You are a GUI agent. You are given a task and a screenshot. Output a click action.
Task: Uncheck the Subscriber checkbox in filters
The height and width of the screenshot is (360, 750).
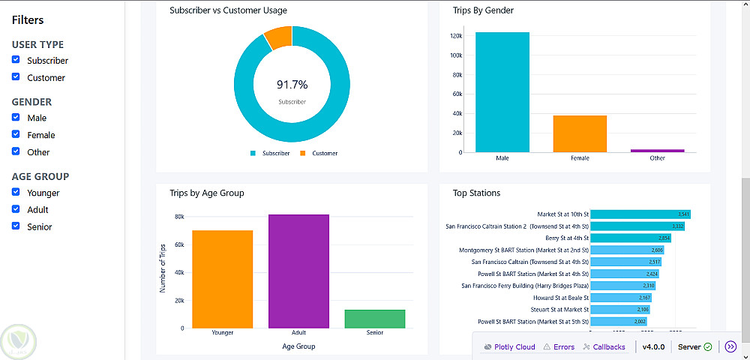coord(16,60)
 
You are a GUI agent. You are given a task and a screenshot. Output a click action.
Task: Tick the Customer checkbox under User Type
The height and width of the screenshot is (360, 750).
coord(16,77)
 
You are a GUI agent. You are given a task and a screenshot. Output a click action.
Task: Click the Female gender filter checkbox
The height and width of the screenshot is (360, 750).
coord(16,135)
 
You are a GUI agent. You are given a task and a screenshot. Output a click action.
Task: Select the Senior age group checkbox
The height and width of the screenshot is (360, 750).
coord(16,226)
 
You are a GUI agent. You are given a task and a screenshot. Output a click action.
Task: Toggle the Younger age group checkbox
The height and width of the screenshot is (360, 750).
coord(16,193)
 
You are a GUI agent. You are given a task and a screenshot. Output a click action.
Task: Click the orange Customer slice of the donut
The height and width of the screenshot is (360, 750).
coord(278,37)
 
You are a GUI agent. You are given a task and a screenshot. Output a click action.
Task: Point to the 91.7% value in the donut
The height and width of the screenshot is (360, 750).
coord(292,85)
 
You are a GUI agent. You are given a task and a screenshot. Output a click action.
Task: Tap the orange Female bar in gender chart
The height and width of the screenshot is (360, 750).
coord(580,133)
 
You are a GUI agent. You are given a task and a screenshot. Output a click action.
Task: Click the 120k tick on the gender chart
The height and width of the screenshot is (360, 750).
coord(455,36)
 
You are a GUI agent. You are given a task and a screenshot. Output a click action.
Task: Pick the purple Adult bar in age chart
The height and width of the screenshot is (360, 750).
coord(298,271)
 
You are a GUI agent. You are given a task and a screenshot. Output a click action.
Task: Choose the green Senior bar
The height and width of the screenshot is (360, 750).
coord(375,319)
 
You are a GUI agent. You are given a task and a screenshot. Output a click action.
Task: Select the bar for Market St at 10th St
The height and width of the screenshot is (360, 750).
coord(640,214)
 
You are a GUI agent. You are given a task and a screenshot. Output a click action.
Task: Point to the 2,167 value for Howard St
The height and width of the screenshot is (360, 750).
coord(644,298)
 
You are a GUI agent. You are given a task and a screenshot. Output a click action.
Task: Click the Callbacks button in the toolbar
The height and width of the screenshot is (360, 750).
coord(604,346)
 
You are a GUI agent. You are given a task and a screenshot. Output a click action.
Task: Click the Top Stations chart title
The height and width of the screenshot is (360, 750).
coord(476,193)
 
